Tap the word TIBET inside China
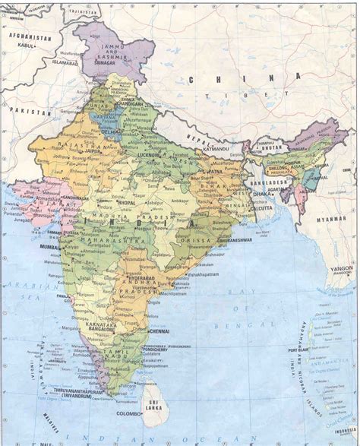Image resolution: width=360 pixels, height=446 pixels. tap(232, 92)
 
